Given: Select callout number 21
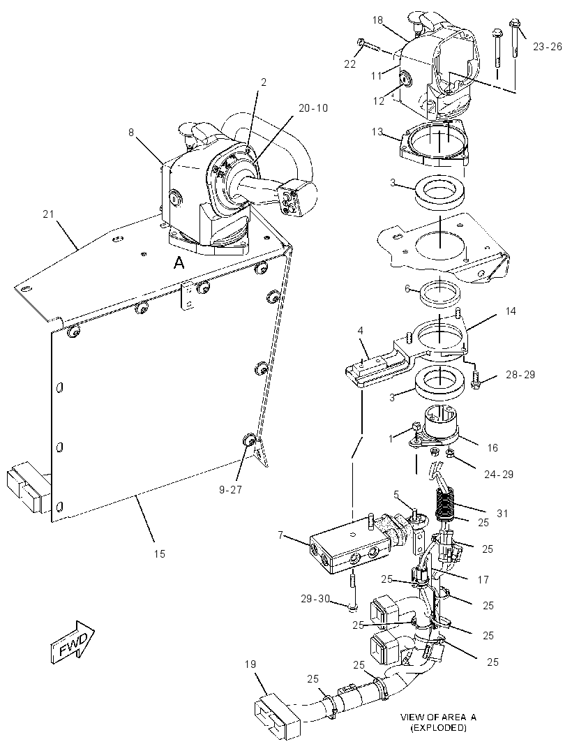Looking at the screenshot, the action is (x=48, y=214).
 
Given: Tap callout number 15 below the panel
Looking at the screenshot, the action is (x=159, y=553).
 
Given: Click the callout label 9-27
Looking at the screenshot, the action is (x=230, y=490).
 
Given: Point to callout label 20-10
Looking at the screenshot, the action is (x=313, y=107).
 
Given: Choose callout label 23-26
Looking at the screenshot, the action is (x=548, y=46).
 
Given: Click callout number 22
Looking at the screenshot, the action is (x=349, y=64).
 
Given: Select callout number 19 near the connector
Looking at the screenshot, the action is (x=251, y=664).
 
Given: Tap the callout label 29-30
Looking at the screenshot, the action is (x=315, y=600).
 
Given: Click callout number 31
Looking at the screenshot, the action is (x=502, y=513).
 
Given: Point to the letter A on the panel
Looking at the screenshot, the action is (x=179, y=262).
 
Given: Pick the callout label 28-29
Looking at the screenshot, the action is (x=520, y=374).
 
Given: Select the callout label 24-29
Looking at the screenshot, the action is (x=499, y=474).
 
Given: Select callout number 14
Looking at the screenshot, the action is (x=511, y=311).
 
